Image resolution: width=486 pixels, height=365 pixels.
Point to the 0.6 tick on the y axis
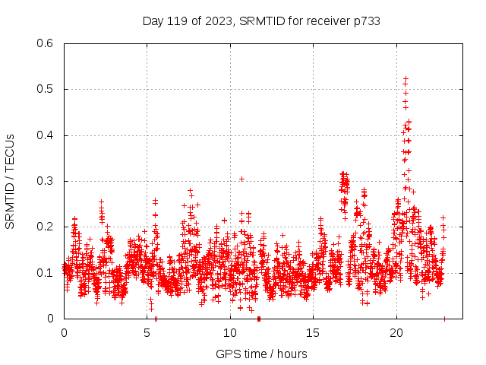pyautogui.click(x=45, y=43)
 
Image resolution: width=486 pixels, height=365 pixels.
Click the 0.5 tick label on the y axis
pyautogui.click(x=45, y=90)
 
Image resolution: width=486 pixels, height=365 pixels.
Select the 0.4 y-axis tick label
pyautogui.click(x=45, y=135)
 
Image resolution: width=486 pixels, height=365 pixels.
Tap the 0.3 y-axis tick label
pyautogui.click(x=45, y=181)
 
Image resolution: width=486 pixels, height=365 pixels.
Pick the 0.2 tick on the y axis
pyautogui.click(x=45, y=227)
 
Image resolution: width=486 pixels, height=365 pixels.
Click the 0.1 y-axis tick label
pyautogui.click(x=45, y=273)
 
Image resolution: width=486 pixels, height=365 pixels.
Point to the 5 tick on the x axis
pyautogui.click(x=147, y=333)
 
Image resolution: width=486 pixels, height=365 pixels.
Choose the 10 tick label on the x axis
pyautogui.click(x=229, y=333)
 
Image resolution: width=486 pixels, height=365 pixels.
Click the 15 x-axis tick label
pyautogui.click(x=313, y=333)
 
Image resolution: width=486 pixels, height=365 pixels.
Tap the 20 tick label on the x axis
pyautogui.click(x=396, y=333)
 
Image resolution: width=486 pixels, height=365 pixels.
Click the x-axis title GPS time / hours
pyautogui.click(x=261, y=354)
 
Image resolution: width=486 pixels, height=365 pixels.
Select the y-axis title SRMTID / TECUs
pyautogui.click(x=11, y=181)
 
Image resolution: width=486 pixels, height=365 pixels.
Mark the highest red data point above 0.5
pyautogui.click(x=406, y=78)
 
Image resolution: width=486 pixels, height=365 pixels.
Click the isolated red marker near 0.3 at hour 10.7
pyautogui.click(x=241, y=179)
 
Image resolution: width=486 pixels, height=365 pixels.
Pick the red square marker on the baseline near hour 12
pyautogui.click(x=259, y=318)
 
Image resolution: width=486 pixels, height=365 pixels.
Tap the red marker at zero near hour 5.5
pyautogui.click(x=156, y=318)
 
